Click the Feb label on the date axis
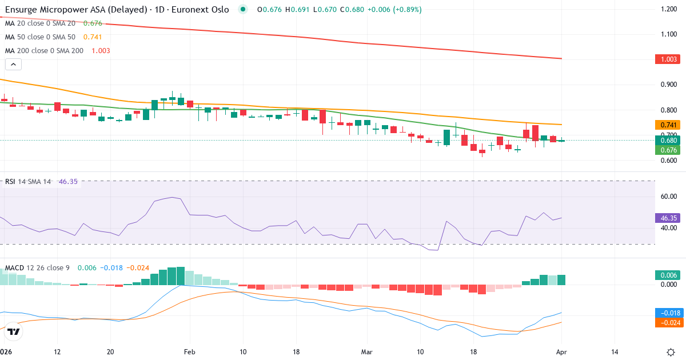(190, 351)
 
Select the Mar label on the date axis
(366, 351)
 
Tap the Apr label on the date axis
(561, 351)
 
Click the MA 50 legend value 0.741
(93, 37)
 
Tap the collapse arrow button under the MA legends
(13, 64)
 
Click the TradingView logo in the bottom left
(14, 331)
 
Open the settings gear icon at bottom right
(672, 351)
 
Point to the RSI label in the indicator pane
(10, 182)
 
